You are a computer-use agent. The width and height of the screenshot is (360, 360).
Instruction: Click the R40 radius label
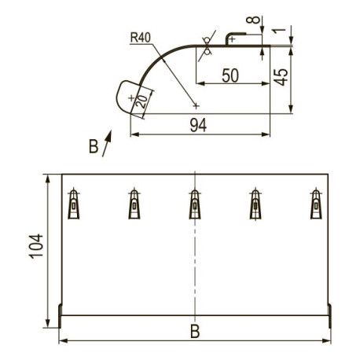(141, 38)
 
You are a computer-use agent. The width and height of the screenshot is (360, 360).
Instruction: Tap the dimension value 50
(230, 75)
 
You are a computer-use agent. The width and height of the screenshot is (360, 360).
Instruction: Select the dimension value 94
(198, 125)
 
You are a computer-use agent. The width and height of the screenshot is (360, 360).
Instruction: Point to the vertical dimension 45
(281, 77)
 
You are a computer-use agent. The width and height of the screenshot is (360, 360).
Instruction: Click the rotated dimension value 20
(142, 101)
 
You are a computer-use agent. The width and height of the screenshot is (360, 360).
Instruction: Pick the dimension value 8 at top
(253, 20)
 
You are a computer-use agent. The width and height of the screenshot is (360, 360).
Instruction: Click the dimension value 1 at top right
(279, 31)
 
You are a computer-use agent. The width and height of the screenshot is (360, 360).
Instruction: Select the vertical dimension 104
(36, 247)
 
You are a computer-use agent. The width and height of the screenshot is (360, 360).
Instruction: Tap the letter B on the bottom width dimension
(195, 331)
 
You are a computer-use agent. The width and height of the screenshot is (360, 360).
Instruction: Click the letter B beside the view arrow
(94, 146)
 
